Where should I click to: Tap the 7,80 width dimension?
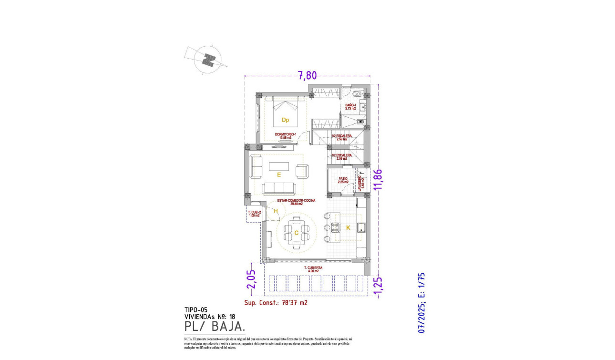coord(307,75)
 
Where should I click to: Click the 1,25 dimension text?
coord(379,286)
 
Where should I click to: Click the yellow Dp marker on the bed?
coord(285,120)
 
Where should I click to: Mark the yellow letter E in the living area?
coord(279,175)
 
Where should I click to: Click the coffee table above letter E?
coord(279,166)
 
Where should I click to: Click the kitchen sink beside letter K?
coord(361,227)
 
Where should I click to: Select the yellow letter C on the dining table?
coord(296,233)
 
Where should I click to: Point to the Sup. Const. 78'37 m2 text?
coord(276,302)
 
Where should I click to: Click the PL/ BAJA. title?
coord(215,327)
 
